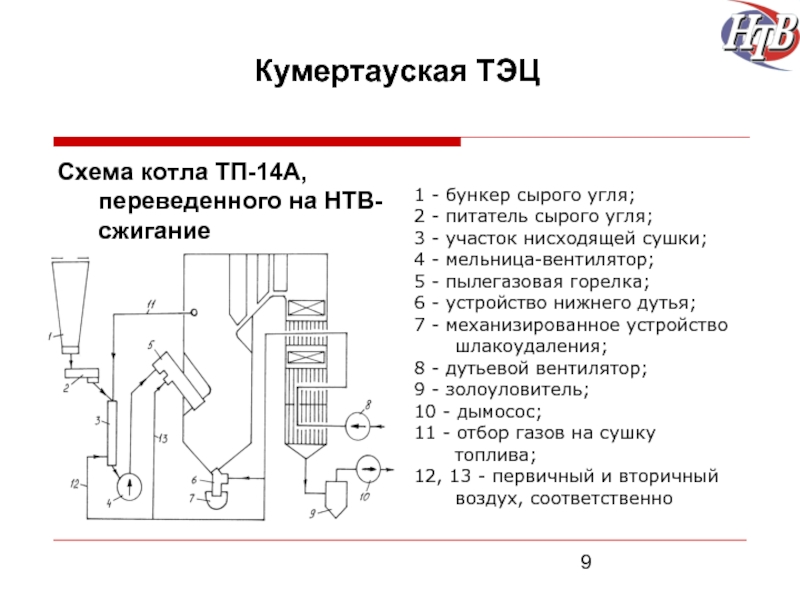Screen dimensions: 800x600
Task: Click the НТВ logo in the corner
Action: [760, 35]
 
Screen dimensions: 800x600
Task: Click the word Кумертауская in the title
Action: [360, 70]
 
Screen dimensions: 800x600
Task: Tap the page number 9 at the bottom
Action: [586, 562]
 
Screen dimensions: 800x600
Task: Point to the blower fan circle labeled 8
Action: [358, 426]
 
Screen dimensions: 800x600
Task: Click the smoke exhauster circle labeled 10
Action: [368, 469]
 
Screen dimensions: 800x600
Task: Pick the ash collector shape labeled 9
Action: [336, 494]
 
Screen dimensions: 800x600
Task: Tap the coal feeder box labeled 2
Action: [83, 375]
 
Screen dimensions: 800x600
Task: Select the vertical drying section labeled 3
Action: [112, 433]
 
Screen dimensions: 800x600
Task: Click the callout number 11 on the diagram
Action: [151, 306]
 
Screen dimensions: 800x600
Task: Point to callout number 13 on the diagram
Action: [163, 438]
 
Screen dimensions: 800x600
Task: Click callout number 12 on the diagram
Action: [75, 483]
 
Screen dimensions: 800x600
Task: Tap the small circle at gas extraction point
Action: [193, 313]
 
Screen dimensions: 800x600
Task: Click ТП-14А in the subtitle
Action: [259, 172]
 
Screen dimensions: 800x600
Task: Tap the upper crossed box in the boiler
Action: [306, 308]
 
